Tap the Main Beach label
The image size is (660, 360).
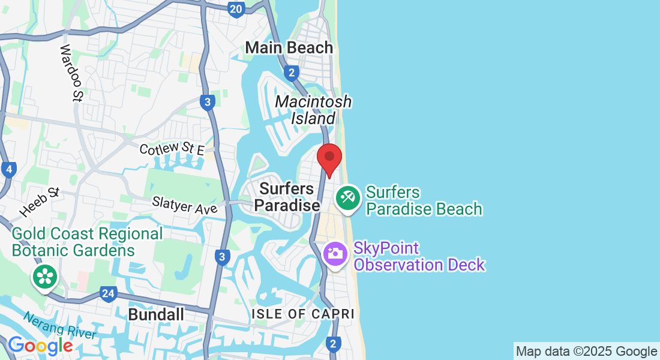pos(289,47)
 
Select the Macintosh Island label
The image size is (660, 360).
pos(313,110)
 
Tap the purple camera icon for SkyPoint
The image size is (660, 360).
pos(335,253)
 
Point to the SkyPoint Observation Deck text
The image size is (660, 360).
pos(419,256)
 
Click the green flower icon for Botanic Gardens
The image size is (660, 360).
pos(44,277)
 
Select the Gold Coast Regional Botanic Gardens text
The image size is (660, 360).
pos(87,242)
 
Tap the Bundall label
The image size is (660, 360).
pos(156,314)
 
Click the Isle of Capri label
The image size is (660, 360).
pos(303,314)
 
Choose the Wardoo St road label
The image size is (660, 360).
pos(71,73)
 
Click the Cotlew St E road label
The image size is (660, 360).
pos(172,148)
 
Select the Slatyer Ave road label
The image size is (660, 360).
pos(185,205)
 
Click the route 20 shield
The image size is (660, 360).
pos(236,8)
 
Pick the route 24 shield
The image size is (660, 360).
pos(108,294)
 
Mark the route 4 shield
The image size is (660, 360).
pos(8,170)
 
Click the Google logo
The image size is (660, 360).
pos(40,346)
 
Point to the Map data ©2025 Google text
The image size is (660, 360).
pos(586,352)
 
